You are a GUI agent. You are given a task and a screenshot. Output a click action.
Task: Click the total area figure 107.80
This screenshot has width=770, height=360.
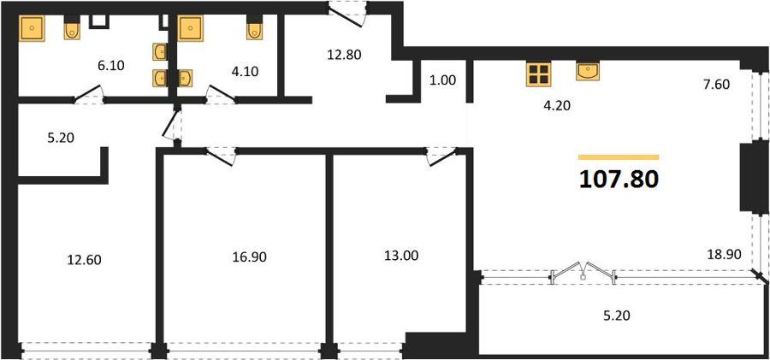point(619,180)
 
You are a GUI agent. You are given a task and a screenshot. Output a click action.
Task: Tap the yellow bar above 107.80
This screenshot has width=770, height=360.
point(619,157)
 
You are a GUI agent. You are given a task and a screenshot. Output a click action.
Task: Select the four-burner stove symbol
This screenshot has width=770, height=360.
point(538,74)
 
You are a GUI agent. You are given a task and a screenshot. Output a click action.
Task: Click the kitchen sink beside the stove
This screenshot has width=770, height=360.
point(587,71)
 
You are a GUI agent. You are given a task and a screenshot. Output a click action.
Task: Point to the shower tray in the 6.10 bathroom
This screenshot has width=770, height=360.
point(32,28)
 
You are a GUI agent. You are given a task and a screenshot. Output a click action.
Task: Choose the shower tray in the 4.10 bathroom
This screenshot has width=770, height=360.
point(191,28)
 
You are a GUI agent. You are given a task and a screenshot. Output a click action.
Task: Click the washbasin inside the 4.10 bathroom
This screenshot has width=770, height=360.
point(185,78)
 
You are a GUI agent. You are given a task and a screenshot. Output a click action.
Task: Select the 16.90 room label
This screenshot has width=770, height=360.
point(250,256)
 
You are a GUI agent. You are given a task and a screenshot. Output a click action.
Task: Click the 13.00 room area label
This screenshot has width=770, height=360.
point(402,256)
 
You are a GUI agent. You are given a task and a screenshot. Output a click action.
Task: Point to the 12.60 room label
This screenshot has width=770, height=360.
point(85,259)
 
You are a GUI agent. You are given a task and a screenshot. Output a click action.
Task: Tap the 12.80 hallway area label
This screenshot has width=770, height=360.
point(344,55)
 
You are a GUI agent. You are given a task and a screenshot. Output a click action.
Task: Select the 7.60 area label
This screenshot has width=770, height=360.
point(716,85)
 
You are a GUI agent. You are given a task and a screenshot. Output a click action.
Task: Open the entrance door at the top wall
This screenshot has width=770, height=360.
point(347,15)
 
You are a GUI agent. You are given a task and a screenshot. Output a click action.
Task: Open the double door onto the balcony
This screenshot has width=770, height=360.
point(583,273)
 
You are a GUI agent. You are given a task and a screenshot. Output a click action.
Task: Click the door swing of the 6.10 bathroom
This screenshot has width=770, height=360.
point(89,94)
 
